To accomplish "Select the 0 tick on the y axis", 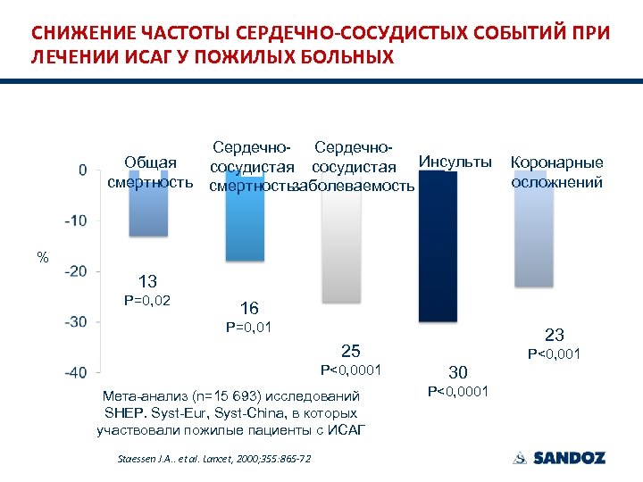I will coord(83,170).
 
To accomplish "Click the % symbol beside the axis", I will coord(42,258).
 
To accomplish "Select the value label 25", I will coord(351,350).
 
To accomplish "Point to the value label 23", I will coord(555,335).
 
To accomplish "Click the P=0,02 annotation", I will coord(147,302).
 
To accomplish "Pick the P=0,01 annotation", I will coord(249,328).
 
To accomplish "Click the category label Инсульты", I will coord(455,162).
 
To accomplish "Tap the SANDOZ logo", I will coord(559,458).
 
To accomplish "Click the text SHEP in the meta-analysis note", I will coord(122,413).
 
